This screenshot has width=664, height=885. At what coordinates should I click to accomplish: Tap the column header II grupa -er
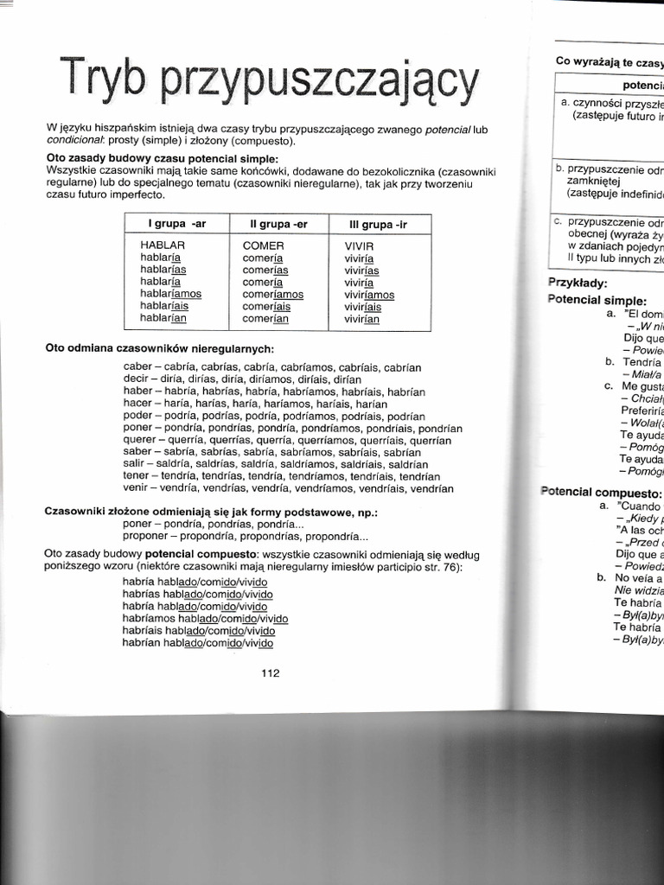(x=278, y=224)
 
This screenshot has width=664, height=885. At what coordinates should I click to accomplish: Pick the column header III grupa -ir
(x=378, y=224)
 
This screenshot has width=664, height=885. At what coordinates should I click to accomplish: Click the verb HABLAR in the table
(x=163, y=245)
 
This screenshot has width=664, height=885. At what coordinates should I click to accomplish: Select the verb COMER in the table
(x=263, y=245)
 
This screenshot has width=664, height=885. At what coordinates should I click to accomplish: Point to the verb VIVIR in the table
(x=360, y=246)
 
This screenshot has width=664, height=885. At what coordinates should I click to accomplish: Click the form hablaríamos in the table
(x=170, y=294)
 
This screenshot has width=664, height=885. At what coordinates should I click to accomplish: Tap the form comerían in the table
(x=265, y=318)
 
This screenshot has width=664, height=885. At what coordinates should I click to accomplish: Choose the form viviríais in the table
(x=363, y=306)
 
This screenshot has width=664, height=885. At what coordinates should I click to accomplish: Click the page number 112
(x=271, y=674)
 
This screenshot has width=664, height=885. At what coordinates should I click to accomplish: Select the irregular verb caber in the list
(x=137, y=367)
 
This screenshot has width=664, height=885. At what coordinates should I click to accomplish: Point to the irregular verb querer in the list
(x=141, y=440)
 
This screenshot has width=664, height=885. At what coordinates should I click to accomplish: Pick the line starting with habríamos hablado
(x=205, y=619)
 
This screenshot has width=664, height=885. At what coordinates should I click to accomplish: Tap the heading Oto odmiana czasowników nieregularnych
(x=160, y=348)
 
